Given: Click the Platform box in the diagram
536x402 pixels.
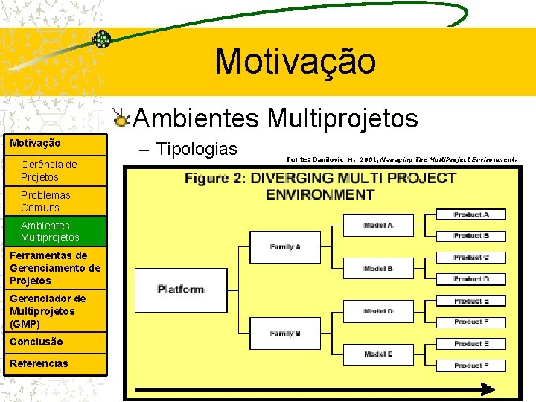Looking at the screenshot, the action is (180, 290).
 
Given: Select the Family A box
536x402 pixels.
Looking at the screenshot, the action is (285, 246).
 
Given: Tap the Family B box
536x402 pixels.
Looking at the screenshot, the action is (285, 333).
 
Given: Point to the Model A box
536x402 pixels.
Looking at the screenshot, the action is (378, 225).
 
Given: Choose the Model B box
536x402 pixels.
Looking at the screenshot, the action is (378, 268).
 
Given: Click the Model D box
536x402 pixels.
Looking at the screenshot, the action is (378, 311).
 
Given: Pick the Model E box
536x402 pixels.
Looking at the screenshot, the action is (378, 354).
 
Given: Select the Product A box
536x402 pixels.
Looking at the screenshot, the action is (471, 214).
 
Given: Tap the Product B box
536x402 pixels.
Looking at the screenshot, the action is (471, 235).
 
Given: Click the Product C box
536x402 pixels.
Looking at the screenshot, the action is (471, 258).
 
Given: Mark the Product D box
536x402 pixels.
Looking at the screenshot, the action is (471, 279).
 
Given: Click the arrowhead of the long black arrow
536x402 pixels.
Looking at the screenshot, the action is (488, 389).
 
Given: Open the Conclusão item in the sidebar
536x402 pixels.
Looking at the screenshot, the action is (36, 342).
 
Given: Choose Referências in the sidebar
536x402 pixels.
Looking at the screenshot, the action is (39, 363).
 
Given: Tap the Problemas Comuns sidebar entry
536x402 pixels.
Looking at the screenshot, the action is (46, 201).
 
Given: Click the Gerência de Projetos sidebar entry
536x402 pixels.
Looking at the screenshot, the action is (49, 170).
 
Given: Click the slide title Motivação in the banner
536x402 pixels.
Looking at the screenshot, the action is (296, 61).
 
